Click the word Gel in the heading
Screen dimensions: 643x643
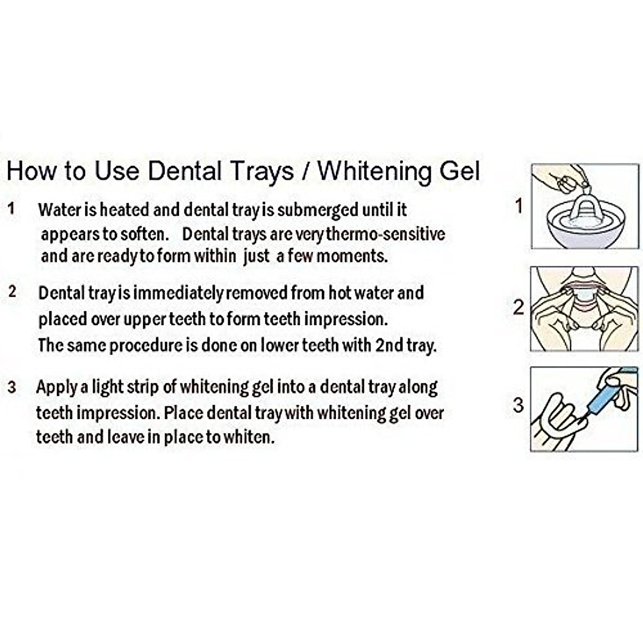[461, 171]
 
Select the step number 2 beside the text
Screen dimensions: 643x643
[12, 292]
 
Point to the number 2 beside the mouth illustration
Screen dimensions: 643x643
[518, 308]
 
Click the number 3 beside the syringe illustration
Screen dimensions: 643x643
[518, 405]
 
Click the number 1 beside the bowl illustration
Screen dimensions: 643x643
[518, 206]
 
